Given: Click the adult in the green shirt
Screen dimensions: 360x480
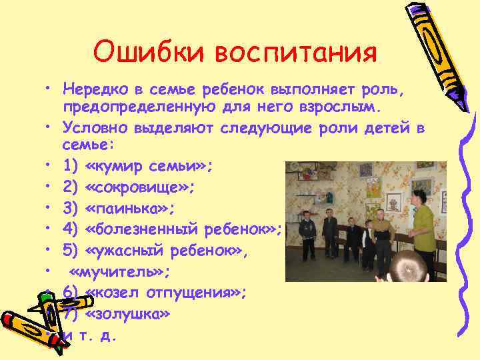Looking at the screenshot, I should (x=422, y=230).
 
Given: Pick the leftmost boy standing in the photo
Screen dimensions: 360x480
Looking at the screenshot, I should (x=307, y=233).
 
